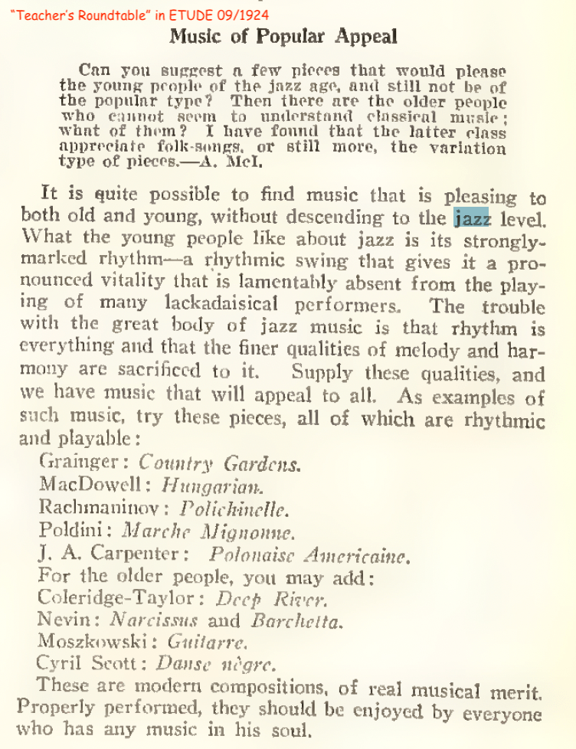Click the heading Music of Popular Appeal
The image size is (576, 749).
[x=283, y=36]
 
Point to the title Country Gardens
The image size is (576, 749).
[x=220, y=464]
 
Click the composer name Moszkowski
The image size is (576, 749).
[x=87, y=641]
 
